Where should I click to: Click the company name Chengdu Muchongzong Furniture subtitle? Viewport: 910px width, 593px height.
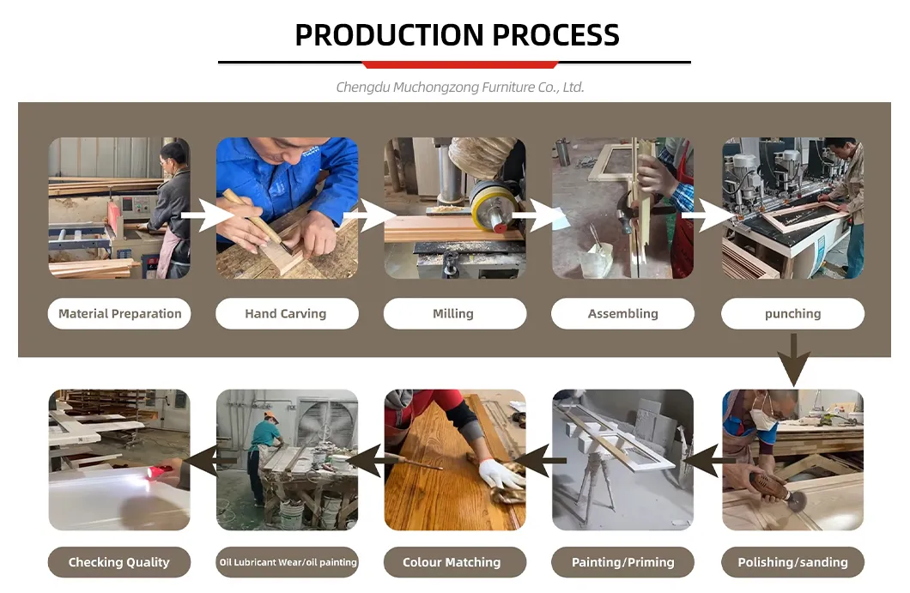coord(459,87)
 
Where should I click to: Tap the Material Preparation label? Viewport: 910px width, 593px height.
coord(119,314)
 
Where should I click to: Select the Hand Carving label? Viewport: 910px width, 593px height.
coord(286,314)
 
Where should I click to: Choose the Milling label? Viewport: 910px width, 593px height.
coord(454,314)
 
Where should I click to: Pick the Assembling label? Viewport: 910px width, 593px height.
coord(622,314)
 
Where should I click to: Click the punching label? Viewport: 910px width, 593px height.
coord(792,314)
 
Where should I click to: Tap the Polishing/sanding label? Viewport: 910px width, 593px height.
coord(792,563)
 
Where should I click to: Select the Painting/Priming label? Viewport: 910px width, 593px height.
coord(622,563)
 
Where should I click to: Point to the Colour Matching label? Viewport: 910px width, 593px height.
coord(452,563)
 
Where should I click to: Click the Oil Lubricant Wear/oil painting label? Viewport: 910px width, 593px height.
coord(288,563)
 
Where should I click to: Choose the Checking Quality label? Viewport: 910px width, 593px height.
coord(119,563)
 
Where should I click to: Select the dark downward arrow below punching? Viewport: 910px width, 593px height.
coord(793,360)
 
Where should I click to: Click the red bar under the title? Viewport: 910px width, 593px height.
coord(460,65)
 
